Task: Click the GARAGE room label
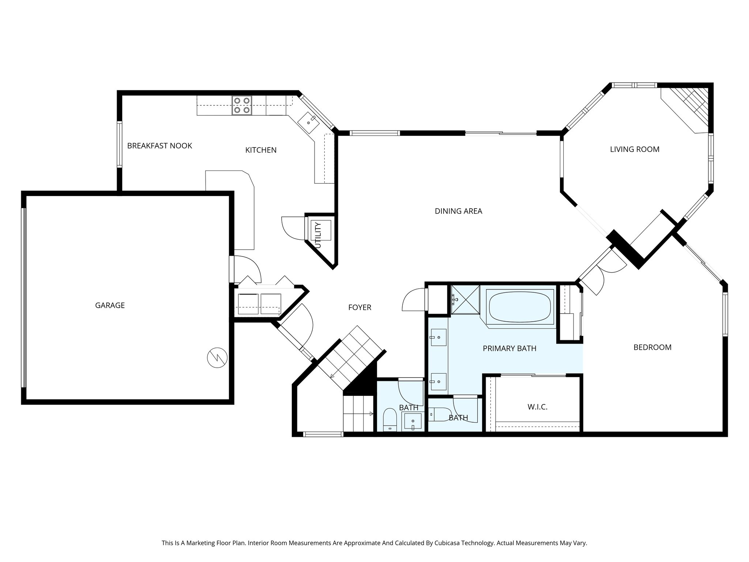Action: click(x=110, y=305)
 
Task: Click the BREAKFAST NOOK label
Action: click(x=159, y=146)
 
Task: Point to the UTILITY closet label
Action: click(x=318, y=235)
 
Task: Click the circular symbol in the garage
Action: click(x=217, y=357)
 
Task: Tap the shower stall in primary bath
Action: click(x=465, y=300)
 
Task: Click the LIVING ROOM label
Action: click(x=635, y=149)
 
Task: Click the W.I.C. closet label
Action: click(x=537, y=407)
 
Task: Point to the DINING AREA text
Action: click(x=458, y=211)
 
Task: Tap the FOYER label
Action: click(x=360, y=307)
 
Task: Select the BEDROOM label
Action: click(x=652, y=347)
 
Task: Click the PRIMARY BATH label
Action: click(x=509, y=348)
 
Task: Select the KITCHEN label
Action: click(x=261, y=150)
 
